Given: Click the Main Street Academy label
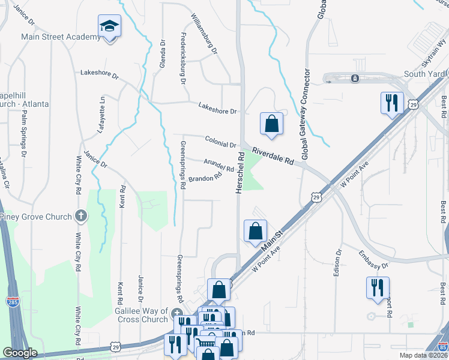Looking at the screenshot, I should (61, 37).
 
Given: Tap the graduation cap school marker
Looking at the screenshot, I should (110, 26).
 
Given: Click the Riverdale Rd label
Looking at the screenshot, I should (273, 157).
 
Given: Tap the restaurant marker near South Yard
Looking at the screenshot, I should (391, 102).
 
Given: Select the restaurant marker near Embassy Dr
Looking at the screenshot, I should (378, 287).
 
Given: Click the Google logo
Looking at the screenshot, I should (19, 353).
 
